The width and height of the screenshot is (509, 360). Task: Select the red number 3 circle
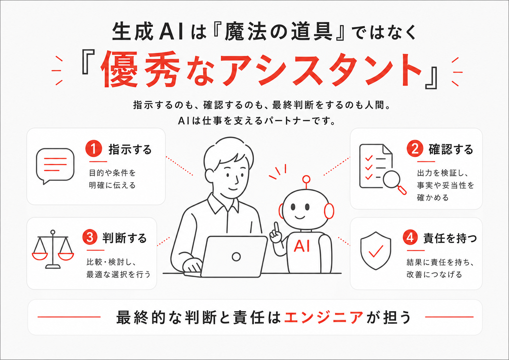point(90,237)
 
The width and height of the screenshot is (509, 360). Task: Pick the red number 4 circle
point(410,237)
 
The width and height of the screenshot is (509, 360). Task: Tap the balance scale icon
point(53,249)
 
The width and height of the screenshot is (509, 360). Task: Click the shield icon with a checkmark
point(376,251)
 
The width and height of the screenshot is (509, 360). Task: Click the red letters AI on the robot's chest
point(301,246)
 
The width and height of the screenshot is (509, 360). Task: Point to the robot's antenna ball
point(306,179)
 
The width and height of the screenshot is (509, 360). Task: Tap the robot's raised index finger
point(276,227)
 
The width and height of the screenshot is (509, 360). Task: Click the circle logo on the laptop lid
point(236,257)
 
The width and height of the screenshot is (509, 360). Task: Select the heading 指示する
point(130,149)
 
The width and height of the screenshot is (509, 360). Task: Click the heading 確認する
point(451,149)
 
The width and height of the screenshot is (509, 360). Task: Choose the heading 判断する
point(125,238)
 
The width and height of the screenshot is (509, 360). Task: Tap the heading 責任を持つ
point(450,238)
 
